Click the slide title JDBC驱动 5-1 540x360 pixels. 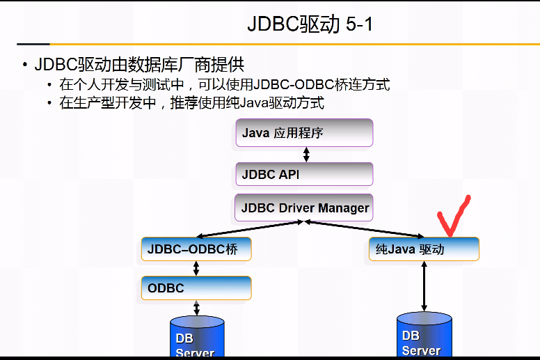point(310,24)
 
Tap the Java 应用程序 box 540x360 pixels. point(305,132)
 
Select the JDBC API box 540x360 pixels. point(305,174)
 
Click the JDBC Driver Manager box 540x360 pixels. point(305,208)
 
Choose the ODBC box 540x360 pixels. point(196,288)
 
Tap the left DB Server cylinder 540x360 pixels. point(197,338)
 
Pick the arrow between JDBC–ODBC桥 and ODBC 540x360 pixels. point(196,268)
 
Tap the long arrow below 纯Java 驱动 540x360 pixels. point(424,286)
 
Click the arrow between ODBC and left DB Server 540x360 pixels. point(196,308)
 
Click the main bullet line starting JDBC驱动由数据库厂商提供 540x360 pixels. point(139,65)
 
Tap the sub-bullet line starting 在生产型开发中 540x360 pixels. point(191,103)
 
